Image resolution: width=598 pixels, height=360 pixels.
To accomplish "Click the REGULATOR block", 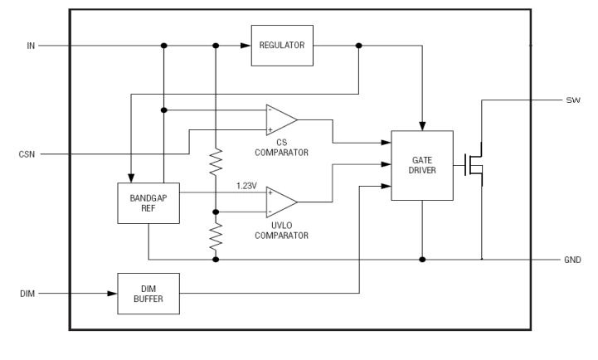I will (282, 46).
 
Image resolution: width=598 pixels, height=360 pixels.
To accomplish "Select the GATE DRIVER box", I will (422, 165).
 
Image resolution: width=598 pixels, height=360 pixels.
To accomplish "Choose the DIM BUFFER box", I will (148, 293).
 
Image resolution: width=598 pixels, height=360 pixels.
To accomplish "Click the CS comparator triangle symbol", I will (280, 119).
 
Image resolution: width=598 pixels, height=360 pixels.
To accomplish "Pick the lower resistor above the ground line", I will (216, 236).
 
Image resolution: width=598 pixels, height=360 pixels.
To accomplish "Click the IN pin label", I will (31, 46).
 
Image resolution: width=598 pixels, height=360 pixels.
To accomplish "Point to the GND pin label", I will (572, 260).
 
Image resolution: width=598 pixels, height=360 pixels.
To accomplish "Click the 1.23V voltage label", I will (246, 185).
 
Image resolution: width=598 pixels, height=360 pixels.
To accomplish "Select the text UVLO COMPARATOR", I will (282, 231).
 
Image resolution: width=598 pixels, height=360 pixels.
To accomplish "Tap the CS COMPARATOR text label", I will (282, 148).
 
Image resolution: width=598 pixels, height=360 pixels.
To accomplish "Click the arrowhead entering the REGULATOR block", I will (246, 46).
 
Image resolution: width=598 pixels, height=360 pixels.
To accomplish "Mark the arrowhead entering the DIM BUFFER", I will (112, 293).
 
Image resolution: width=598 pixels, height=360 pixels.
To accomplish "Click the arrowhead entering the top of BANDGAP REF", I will (131, 178).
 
